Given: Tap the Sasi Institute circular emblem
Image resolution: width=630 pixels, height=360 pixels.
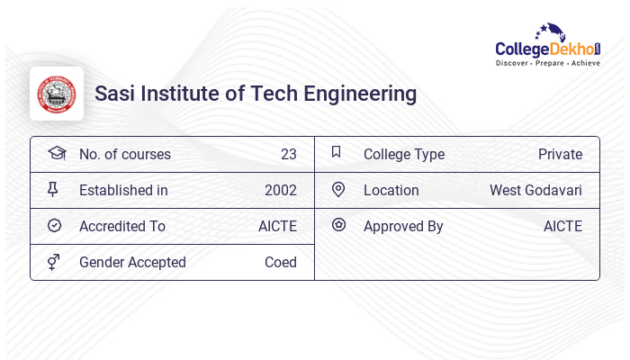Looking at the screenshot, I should click(x=57, y=94).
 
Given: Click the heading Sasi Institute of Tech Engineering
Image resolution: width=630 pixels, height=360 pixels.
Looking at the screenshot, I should click(x=256, y=94).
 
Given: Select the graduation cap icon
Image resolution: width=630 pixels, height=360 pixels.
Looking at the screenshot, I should click(x=56, y=153).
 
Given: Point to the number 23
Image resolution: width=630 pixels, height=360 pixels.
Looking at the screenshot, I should click(x=288, y=154).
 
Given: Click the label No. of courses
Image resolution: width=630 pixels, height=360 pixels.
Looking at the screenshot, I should click(x=125, y=154).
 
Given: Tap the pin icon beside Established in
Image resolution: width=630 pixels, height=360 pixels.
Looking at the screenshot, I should click(x=53, y=190).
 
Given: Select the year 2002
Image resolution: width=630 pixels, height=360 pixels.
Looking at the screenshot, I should click(x=280, y=190).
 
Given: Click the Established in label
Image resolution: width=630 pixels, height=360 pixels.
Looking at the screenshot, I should click(x=123, y=190).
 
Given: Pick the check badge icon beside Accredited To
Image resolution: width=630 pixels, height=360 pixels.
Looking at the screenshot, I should click(x=54, y=226).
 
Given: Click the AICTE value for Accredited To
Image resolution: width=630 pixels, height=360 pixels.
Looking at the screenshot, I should click(x=277, y=226).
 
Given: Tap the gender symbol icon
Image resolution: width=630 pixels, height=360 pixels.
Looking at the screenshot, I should click(x=53, y=262).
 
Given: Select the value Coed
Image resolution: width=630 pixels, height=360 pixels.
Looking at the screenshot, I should click(x=280, y=262).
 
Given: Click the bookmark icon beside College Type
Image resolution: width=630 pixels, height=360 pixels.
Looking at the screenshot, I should click(x=337, y=153).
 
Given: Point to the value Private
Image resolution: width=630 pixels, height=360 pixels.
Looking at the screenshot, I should click(x=560, y=154).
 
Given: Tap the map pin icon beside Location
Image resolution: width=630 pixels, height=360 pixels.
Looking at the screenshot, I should click(x=337, y=190).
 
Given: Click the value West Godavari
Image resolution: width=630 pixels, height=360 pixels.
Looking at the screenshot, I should click(x=535, y=190).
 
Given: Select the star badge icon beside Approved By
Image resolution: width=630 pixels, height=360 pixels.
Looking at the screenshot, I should click(x=338, y=225).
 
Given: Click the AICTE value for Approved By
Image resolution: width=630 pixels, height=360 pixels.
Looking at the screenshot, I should click(x=562, y=226).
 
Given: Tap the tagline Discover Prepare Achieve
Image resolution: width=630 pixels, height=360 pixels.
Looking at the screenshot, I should click(x=547, y=64).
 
